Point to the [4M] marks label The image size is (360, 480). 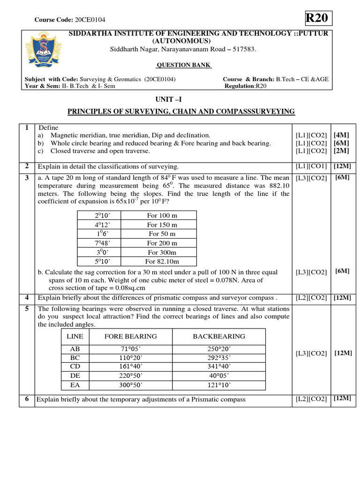click(x=341, y=135)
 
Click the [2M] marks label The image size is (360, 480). click(x=341, y=151)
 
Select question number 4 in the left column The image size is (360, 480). click(x=27, y=297)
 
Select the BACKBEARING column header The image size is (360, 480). click(x=219, y=336)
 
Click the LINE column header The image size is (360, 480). click(x=75, y=336)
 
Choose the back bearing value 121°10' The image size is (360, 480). click(x=219, y=385)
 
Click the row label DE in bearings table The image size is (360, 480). click(x=75, y=375)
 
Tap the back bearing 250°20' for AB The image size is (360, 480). click(x=219, y=349)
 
